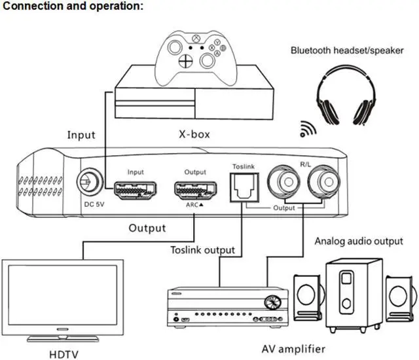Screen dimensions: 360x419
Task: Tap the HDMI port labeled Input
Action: tap(136, 190)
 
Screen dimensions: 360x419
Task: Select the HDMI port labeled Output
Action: tap(195, 190)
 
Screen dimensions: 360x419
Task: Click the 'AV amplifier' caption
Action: tap(293, 349)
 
